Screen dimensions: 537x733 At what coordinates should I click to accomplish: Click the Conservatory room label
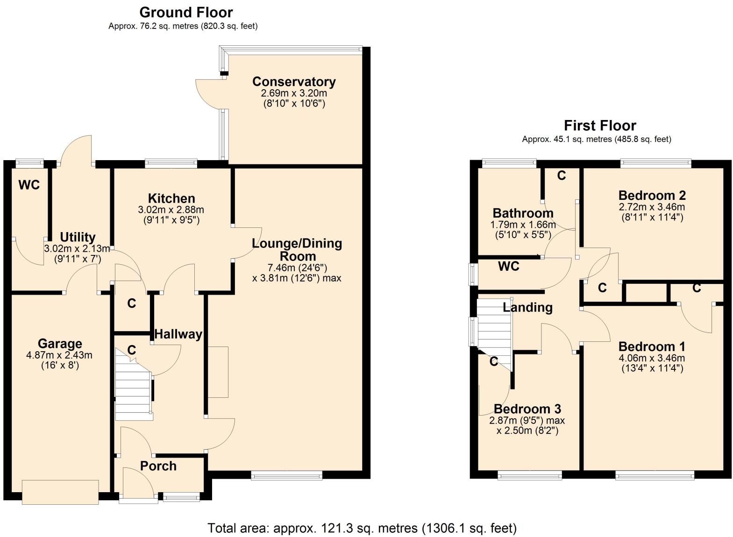coord(294,82)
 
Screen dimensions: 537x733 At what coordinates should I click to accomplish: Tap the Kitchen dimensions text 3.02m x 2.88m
coord(171,210)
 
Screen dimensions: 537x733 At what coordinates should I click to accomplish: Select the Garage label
coord(60,344)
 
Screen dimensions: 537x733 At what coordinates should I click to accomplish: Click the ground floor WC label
coord(29,185)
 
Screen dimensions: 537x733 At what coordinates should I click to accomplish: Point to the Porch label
coord(158,466)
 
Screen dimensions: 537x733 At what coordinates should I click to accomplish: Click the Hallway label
coord(178,334)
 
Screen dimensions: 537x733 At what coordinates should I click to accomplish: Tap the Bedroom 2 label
coord(652,195)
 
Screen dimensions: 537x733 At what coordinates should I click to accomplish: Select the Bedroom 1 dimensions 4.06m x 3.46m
coord(652,358)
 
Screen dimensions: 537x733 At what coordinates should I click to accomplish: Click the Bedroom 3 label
coord(527,409)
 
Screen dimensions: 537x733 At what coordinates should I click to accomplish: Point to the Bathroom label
coord(523,213)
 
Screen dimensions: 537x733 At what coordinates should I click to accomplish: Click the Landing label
coord(527,307)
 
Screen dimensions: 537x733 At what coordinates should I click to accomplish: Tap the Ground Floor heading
coord(186,12)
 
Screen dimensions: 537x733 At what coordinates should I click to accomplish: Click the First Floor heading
coord(600,126)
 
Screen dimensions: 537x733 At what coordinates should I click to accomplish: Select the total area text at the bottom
coord(362,528)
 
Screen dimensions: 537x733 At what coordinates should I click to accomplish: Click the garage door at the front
coord(60,492)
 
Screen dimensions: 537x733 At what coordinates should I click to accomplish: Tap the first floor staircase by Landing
coord(494,327)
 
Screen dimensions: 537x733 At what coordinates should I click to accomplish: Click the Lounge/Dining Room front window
coord(286,475)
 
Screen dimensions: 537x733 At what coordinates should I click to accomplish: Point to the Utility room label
coord(78,237)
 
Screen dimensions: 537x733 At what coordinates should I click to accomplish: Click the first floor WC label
coord(509,266)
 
